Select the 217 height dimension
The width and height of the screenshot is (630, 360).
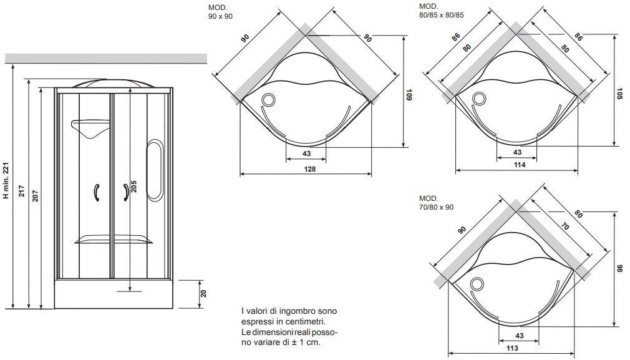coord(22,191)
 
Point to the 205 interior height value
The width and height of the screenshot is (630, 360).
coord(133,187)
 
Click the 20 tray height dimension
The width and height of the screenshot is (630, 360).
coord(203,294)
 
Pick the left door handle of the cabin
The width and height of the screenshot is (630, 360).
coord(97,192)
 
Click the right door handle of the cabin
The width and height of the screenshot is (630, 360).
coord(126,192)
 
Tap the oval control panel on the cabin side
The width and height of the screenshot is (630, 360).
coord(155,170)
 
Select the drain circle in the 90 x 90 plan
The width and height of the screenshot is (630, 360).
coord(268,100)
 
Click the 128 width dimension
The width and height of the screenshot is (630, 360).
coord(310,169)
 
